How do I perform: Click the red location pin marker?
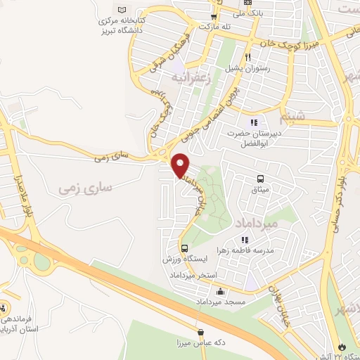[x=181, y=165]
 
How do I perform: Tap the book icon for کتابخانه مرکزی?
[x=125, y=9]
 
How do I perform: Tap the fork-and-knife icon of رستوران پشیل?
[x=247, y=58]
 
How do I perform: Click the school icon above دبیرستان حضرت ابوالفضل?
[x=254, y=123]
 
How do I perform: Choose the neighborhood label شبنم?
[x=311, y=117]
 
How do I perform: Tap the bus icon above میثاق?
[x=261, y=179]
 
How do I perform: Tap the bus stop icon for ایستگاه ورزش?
[x=184, y=248]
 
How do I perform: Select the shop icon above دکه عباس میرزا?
[x=202, y=333]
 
